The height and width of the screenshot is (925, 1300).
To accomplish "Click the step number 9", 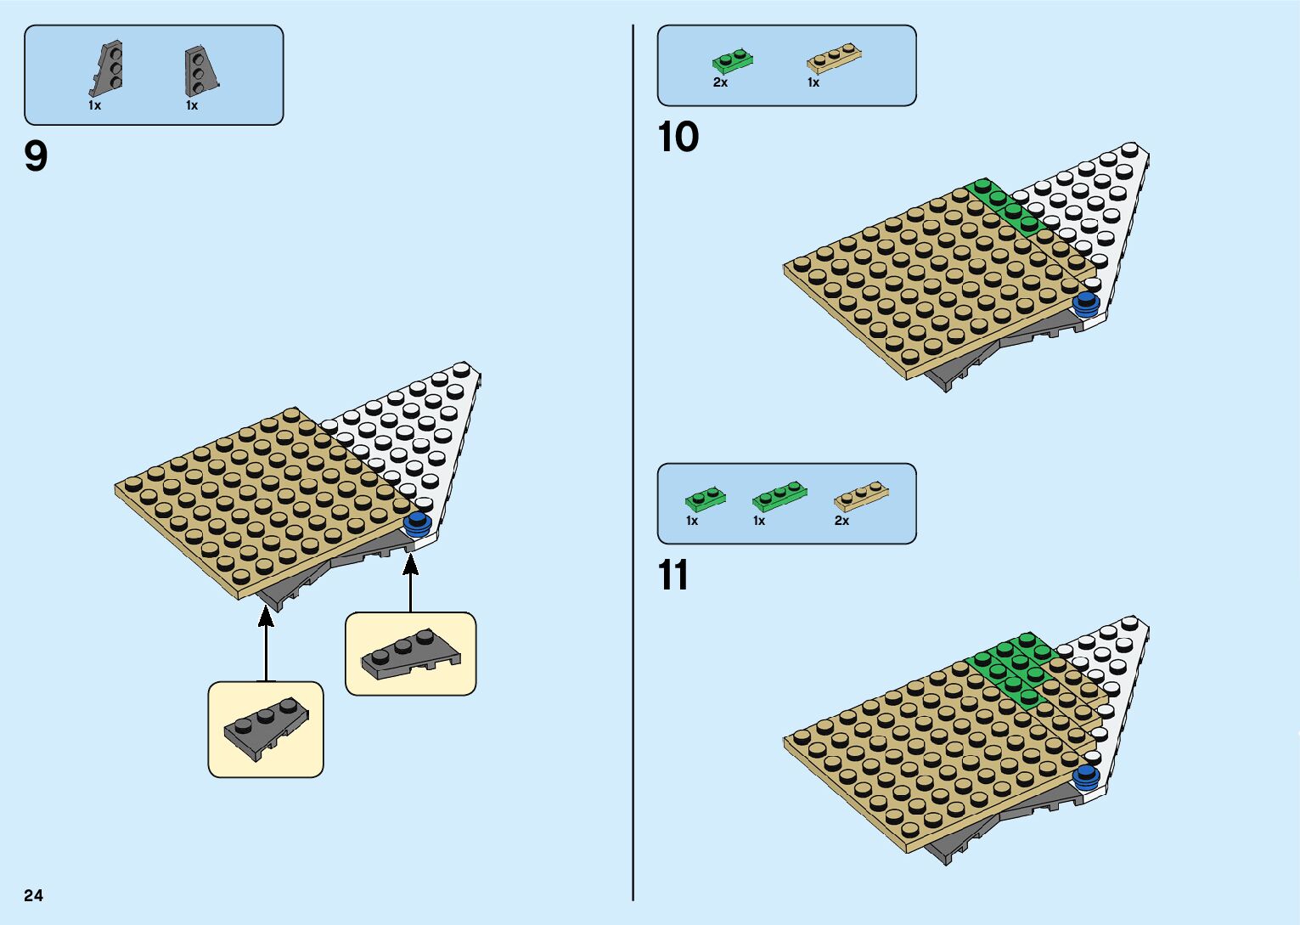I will (x=36, y=157).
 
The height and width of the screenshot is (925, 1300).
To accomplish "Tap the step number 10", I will (x=678, y=138).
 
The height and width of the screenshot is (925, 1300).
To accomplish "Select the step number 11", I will (x=673, y=576).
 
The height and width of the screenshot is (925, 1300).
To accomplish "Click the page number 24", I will (x=33, y=895).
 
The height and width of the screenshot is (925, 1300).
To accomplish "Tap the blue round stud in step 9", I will (x=418, y=524).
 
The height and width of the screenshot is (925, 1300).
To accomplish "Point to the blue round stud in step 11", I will (x=1085, y=775).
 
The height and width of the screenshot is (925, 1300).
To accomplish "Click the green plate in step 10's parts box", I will (x=733, y=61).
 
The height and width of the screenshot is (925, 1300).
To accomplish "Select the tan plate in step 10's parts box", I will (x=834, y=59).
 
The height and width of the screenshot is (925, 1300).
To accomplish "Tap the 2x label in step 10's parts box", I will (x=720, y=82).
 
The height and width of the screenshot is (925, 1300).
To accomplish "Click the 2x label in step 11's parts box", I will (x=841, y=521).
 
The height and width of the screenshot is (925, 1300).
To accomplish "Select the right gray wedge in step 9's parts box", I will (x=200, y=71).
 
